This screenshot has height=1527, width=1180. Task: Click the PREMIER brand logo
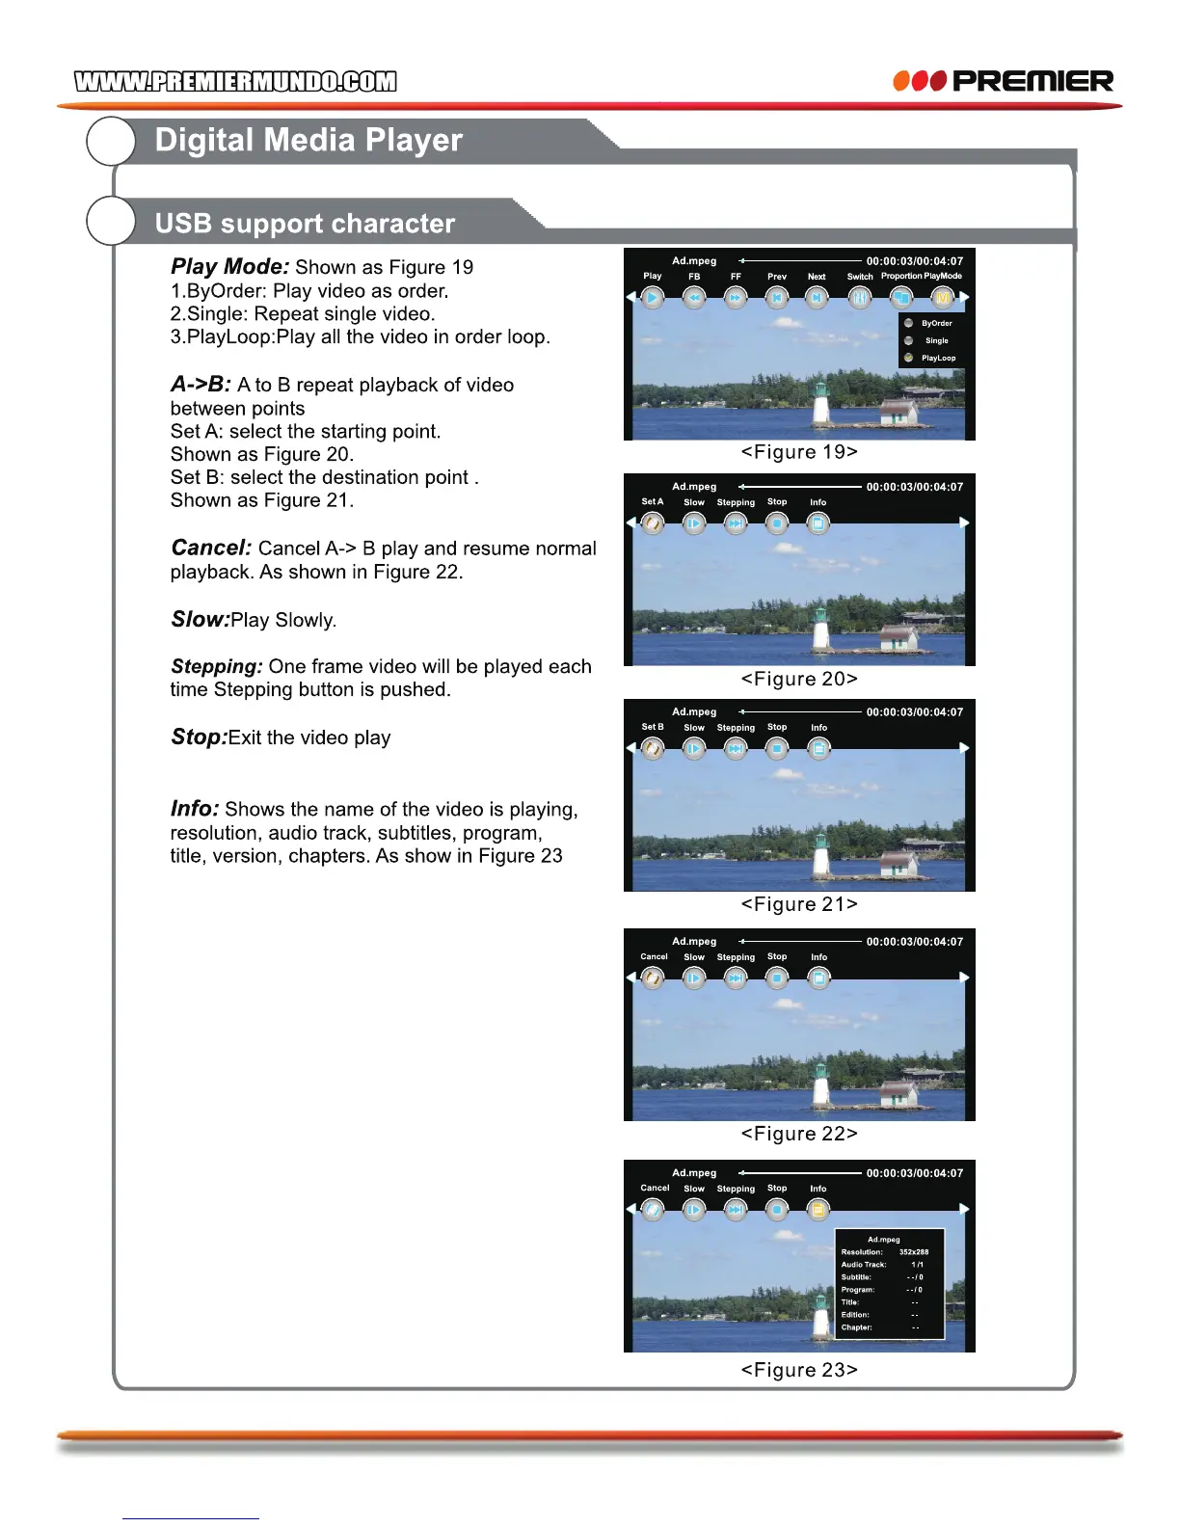(1003, 81)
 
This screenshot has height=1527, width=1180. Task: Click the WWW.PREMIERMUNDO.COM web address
(235, 82)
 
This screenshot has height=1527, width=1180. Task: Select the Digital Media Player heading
(308, 141)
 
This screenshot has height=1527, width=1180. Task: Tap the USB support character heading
(305, 224)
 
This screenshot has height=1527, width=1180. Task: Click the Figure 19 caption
(799, 452)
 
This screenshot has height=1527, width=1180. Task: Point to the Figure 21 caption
(799, 904)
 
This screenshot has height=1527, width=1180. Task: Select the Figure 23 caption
(799, 1370)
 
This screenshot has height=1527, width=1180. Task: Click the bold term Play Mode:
(230, 267)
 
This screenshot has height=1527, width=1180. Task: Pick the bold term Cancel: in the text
(211, 548)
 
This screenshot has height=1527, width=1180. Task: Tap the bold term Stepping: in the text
(217, 666)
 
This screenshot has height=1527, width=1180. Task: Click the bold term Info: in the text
(195, 809)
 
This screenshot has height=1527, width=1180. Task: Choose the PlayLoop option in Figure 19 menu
(938, 358)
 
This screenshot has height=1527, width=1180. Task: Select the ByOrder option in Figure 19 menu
(936, 324)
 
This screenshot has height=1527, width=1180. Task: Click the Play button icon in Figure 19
(653, 298)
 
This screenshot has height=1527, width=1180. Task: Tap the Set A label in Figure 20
(653, 501)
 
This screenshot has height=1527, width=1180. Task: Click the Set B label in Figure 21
(653, 727)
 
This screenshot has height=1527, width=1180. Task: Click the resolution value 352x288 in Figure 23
(914, 1252)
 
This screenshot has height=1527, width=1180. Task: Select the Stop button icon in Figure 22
(777, 978)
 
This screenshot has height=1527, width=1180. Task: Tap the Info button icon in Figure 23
(818, 1210)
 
